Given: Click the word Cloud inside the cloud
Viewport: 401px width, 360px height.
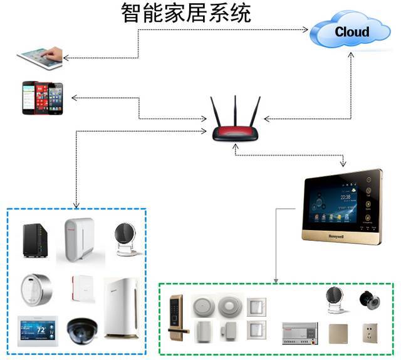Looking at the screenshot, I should pyautogui.click(x=352, y=31).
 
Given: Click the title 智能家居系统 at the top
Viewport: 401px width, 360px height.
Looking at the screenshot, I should pyautogui.click(x=186, y=13).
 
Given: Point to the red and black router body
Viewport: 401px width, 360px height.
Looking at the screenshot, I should pyautogui.click(x=234, y=134).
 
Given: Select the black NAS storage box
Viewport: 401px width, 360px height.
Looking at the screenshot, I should pyautogui.click(x=34, y=240).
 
